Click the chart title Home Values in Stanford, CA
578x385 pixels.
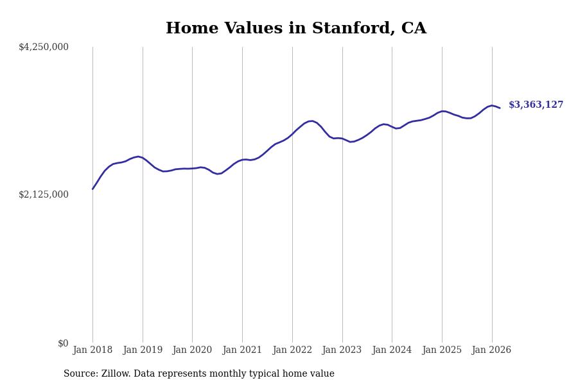point(295,29)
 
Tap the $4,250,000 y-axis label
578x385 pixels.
point(44,47)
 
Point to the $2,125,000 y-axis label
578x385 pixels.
point(44,194)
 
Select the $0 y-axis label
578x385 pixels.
point(63,343)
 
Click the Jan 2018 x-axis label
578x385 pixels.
point(92,350)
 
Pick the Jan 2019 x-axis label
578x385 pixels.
point(143,350)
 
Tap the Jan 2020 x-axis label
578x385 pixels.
point(192,350)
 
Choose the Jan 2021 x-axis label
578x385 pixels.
point(242,350)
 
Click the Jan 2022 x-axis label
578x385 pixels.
point(292,350)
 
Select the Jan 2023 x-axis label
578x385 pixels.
point(342,350)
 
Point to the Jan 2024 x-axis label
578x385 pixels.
point(392,350)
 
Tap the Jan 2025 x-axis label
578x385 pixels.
point(442,350)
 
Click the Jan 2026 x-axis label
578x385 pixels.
point(491,350)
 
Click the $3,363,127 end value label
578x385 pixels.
point(536,105)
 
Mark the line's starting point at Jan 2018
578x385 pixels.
point(92,189)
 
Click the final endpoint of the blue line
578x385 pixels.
point(500,108)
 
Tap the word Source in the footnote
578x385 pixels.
point(80,374)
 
